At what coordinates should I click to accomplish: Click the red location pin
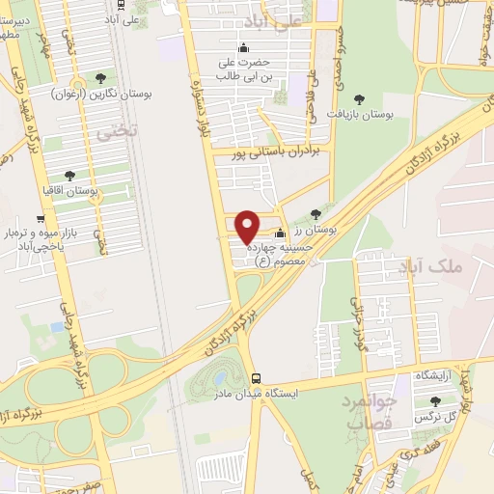point(248,227)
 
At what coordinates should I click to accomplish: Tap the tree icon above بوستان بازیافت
point(359,98)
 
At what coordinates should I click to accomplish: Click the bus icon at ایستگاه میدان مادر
point(256,378)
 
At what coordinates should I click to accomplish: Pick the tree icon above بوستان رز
point(316,214)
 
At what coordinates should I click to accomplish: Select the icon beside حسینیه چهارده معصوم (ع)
point(280,233)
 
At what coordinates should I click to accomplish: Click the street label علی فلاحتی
point(311,107)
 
